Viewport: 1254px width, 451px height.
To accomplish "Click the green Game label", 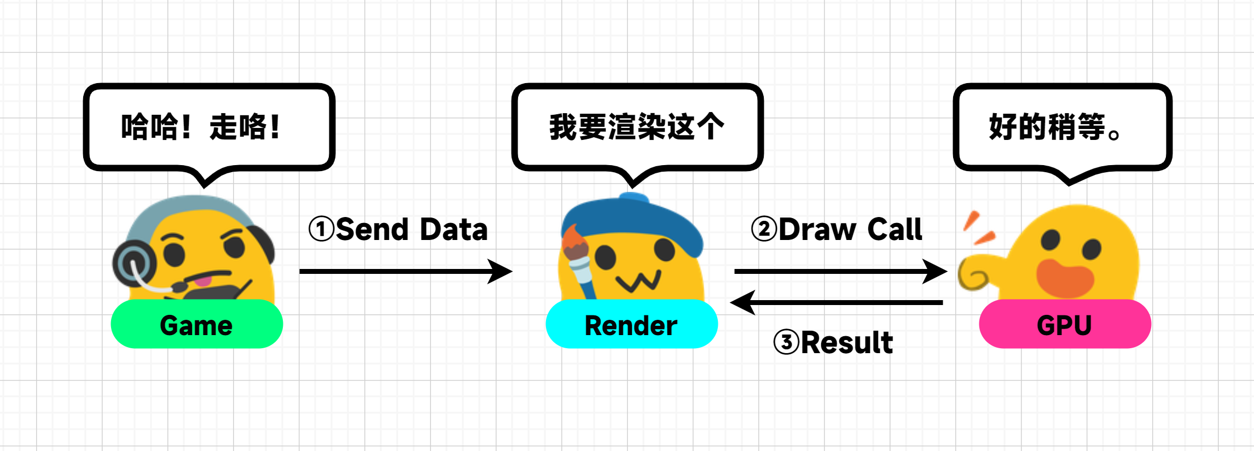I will point(196,324).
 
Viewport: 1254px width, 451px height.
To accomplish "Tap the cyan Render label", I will point(631,324).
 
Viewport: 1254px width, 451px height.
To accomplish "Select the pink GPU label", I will point(1065,324).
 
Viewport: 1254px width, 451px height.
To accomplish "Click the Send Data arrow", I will point(405,271).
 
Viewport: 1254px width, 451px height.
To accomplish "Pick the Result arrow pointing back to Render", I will point(837,302).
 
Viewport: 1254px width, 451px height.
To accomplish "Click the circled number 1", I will point(321,229).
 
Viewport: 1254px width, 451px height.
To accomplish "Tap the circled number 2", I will point(764,229).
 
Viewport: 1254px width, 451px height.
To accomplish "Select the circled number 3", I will point(786,342).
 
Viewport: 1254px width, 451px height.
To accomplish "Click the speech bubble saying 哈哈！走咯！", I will point(208,127).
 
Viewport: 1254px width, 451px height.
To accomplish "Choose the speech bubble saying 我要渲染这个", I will point(637,127).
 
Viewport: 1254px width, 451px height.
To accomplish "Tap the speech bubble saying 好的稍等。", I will point(1061,127).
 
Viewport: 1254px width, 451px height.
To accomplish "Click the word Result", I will point(846,343).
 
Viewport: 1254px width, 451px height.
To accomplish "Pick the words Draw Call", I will point(850,229).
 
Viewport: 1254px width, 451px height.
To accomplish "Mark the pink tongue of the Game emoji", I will point(204,281).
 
